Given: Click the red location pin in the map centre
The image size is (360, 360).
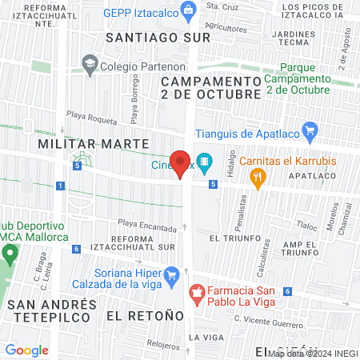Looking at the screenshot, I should click(x=181, y=163).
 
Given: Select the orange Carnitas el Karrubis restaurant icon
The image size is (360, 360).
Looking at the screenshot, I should click(x=257, y=180).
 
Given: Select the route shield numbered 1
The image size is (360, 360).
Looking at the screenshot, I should click(x=61, y=186).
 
